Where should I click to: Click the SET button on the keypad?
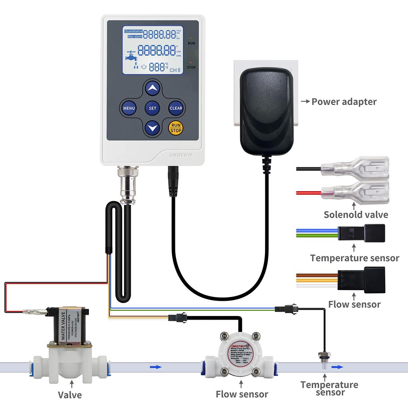(x=152, y=108)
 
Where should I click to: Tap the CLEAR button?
(x=176, y=108)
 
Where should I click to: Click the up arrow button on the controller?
(x=152, y=88)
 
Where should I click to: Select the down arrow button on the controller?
(x=152, y=128)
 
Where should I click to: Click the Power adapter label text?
(x=343, y=102)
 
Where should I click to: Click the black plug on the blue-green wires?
(x=361, y=233)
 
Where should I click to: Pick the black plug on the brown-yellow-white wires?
(x=361, y=279)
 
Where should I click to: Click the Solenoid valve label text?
(x=355, y=215)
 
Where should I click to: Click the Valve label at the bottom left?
(x=70, y=395)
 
